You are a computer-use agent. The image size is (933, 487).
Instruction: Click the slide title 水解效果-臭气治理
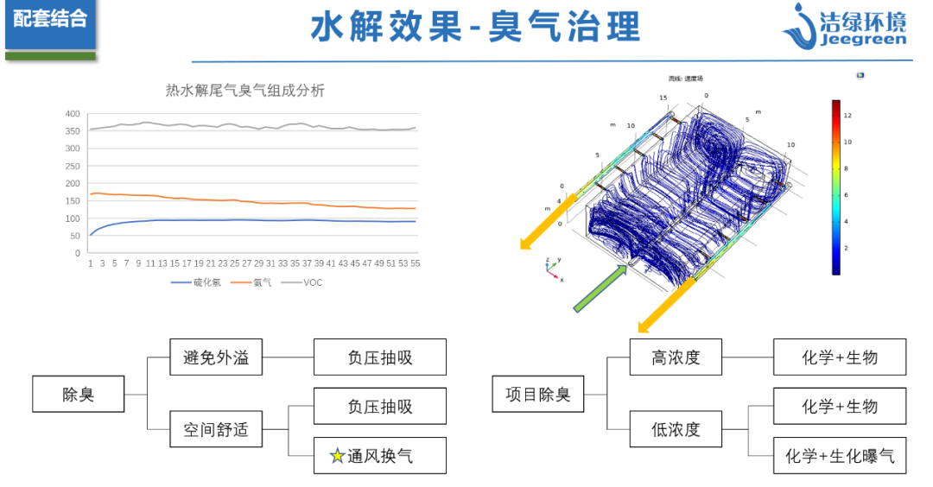(x=475, y=27)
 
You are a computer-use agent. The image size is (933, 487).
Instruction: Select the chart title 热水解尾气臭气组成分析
(x=245, y=90)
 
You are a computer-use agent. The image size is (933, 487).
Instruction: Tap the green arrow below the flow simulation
(x=600, y=288)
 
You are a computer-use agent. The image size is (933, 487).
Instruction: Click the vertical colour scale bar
(x=835, y=187)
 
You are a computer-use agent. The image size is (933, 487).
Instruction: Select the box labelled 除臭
(x=78, y=395)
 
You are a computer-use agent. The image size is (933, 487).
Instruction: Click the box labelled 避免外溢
(x=216, y=357)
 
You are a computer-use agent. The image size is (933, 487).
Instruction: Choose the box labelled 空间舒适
(x=216, y=429)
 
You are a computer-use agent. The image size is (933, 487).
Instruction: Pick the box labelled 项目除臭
(x=538, y=395)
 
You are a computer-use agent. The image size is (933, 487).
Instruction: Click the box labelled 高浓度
(x=676, y=357)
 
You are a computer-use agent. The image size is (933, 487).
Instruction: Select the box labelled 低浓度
(x=676, y=429)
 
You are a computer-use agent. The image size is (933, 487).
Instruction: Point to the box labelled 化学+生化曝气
(x=840, y=456)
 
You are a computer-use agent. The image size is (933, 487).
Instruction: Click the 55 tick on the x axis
(x=415, y=263)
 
